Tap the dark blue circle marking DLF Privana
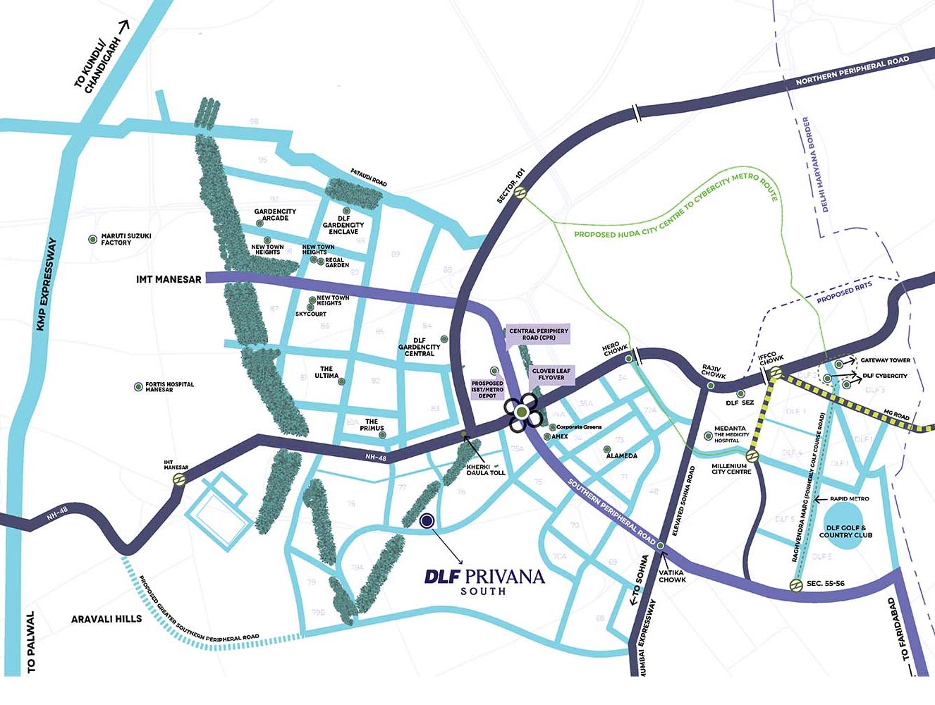(x=426, y=521)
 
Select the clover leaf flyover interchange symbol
(x=521, y=412)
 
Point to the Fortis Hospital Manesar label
(x=169, y=387)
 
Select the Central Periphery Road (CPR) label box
(x=539, y=334)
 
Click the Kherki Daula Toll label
(x=486, y=469)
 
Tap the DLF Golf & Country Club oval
(x=845, y=530)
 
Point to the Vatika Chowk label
(x=672, y=576)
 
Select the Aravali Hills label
(x=106, y=619)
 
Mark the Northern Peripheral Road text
(x=852, y=71)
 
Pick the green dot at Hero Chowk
(x=629, y=359)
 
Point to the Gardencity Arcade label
(x=275, y=214)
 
